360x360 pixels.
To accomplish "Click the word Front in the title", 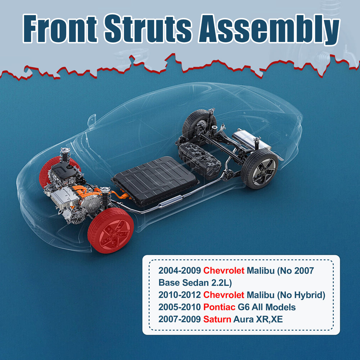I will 60,29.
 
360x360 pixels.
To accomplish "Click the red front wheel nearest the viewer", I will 111,231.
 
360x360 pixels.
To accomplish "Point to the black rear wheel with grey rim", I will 260,169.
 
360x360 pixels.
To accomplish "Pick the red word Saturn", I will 217,319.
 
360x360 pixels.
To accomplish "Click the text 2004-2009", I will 180,270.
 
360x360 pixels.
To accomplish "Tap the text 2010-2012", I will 180,295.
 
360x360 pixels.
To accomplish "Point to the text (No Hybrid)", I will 301,295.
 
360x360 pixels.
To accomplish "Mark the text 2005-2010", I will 180,307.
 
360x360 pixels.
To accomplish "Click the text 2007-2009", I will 180,319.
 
